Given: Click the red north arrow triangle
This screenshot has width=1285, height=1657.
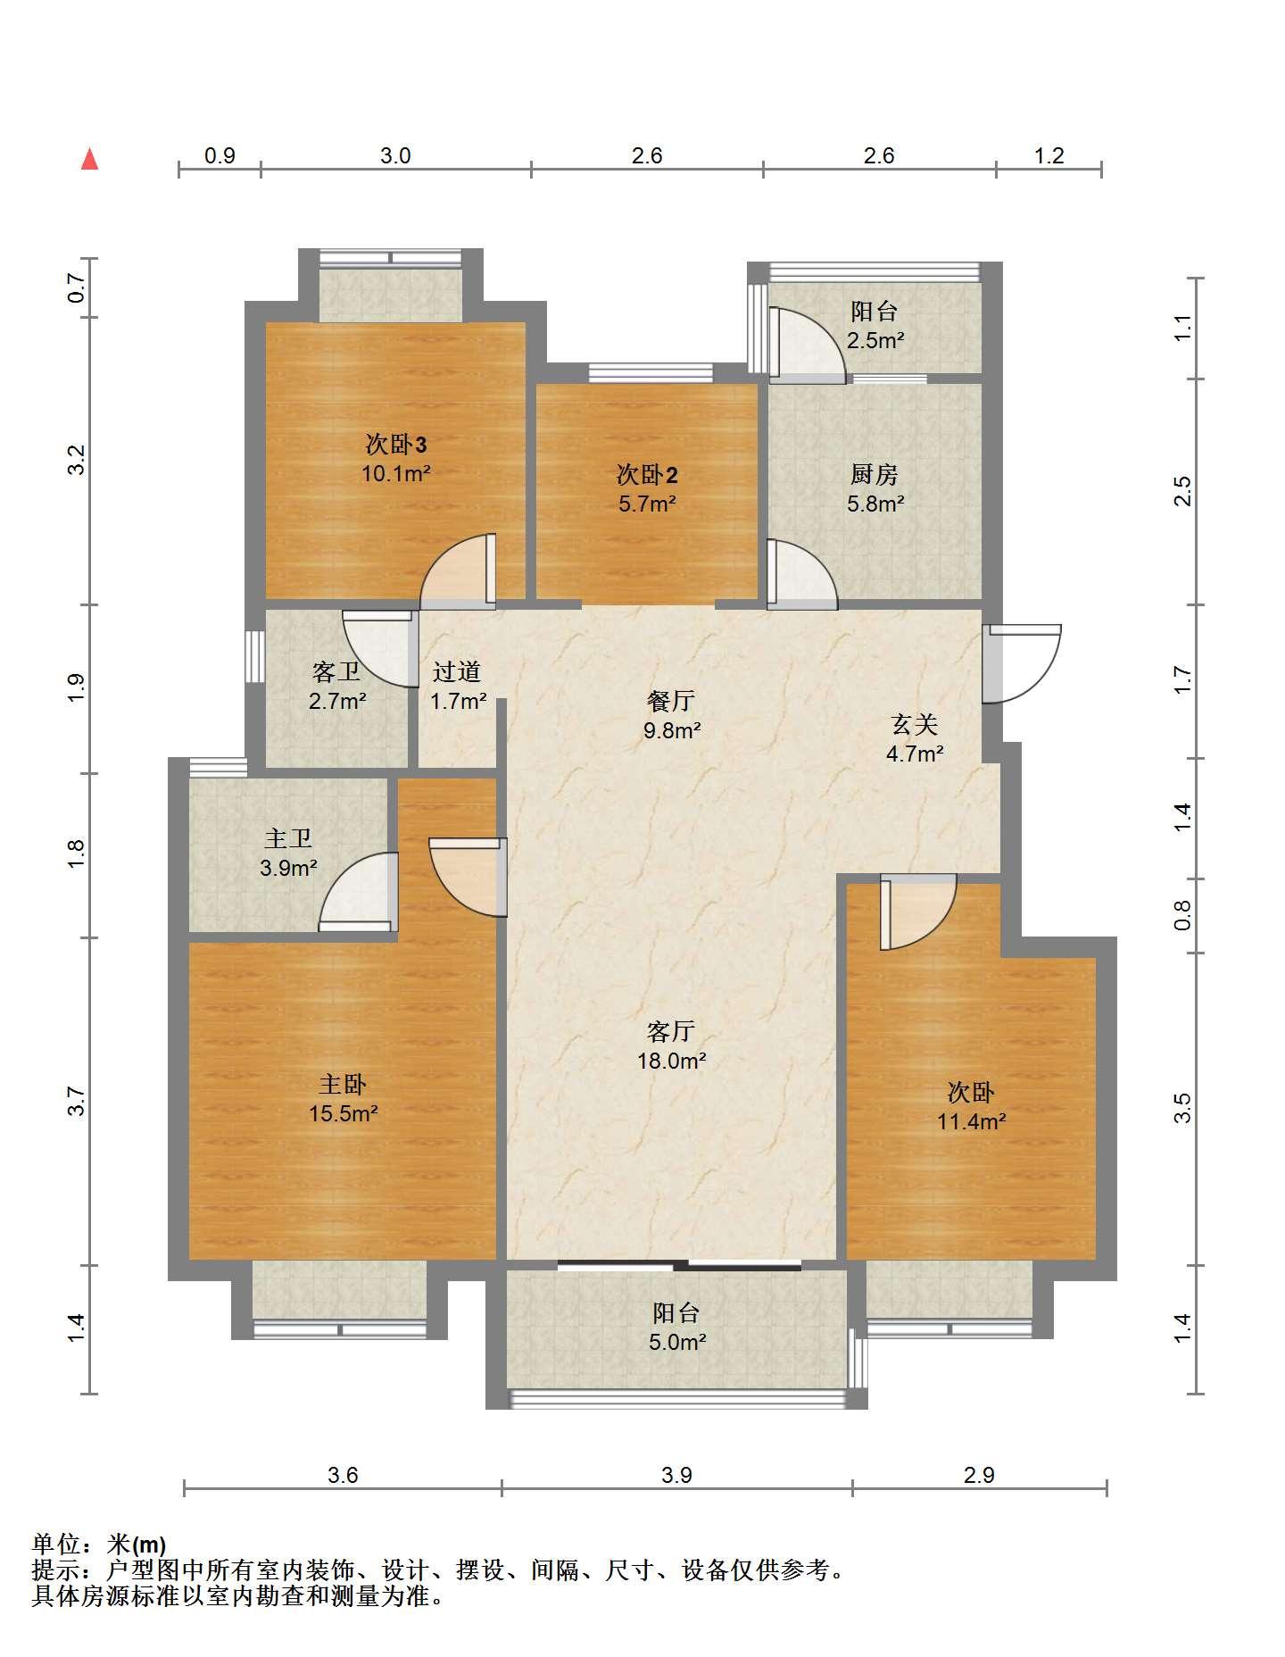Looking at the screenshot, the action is coord(89,160).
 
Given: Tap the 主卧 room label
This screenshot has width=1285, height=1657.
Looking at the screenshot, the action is coord(343,1085).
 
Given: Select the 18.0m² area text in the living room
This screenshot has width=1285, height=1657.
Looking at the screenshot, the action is coord(672,1061).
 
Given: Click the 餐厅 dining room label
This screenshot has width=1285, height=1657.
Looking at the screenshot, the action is coord(671,701).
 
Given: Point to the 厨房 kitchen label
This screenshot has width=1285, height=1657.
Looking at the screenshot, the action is coord(875,474).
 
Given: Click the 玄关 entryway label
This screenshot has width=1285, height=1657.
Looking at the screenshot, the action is coord(915,724).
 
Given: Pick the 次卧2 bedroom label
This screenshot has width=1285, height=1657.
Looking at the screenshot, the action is coord(647,474).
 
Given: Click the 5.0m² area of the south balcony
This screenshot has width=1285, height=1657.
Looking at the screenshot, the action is coord(677,1342).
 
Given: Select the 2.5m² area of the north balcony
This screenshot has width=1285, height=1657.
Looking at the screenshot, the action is coord(875,340).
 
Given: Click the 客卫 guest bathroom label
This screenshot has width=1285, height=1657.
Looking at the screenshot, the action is coord(336,671).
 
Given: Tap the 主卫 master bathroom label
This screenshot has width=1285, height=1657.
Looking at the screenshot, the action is coord(288,838).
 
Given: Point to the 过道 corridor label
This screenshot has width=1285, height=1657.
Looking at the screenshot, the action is coord(457,671).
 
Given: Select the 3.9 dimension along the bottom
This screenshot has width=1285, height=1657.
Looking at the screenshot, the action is coord(676,1475).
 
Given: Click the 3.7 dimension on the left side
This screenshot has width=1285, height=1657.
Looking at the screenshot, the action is coord(77,1101).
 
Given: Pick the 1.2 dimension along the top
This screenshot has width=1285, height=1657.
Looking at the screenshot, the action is coord(1049,155).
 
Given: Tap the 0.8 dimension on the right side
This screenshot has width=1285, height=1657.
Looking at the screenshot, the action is coord(1182,915).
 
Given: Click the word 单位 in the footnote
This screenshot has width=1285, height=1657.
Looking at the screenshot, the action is coord(56,1544).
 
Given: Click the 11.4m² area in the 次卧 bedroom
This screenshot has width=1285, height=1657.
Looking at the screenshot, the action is coord(972,1121).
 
